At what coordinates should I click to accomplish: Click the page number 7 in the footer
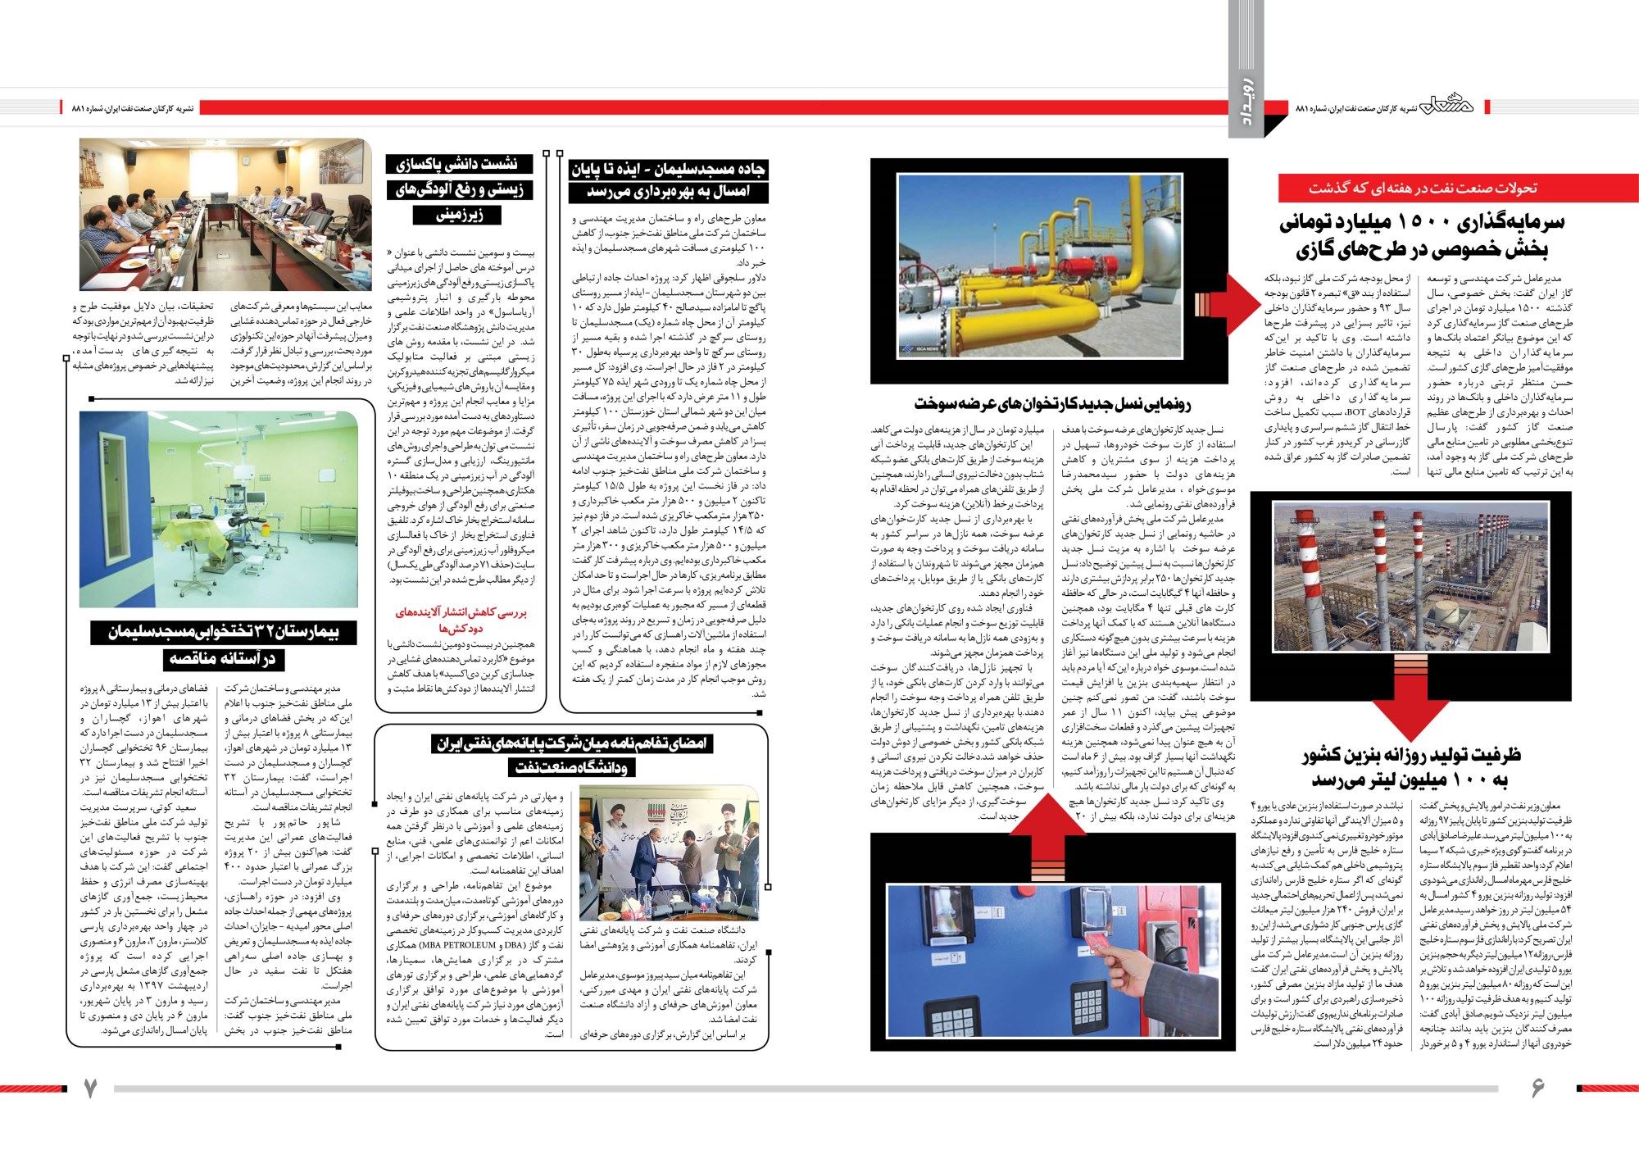(91, 1088)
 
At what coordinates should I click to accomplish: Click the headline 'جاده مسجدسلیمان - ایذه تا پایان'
(669, 169)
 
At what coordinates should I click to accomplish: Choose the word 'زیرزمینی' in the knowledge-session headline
(459, 216)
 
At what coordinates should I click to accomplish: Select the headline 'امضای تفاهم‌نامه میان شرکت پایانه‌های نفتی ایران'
(573, 744)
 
